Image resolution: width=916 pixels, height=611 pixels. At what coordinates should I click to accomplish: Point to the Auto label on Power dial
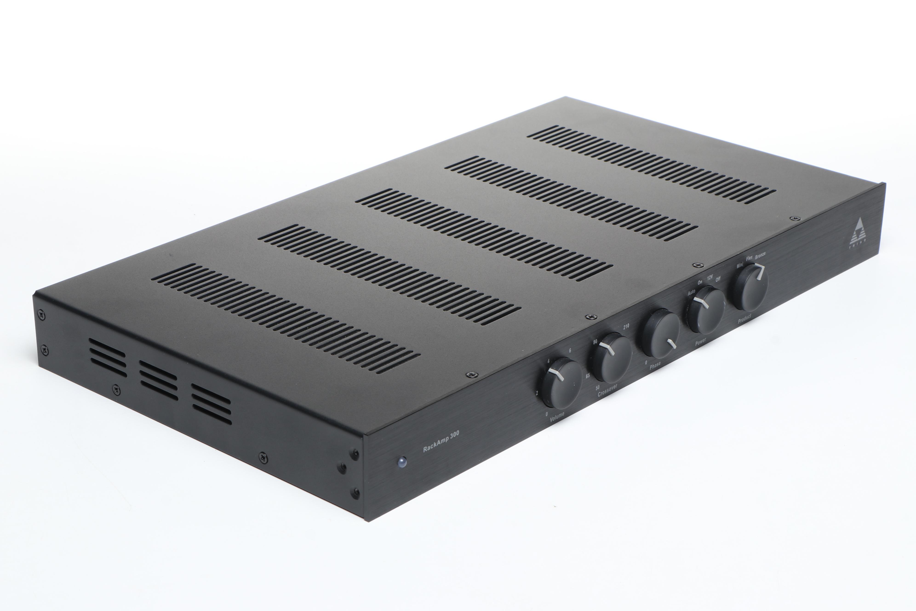(x=691, y=292)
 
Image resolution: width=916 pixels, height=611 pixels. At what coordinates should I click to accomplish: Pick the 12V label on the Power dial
(x=710, y=278)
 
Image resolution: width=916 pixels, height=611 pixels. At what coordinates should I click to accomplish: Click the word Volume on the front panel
(x=557, y=417)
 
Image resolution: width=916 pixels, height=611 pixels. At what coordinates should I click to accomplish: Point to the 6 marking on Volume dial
(x=570, y=351)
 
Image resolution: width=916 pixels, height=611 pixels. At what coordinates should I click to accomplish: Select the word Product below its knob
(x=744, y=319)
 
